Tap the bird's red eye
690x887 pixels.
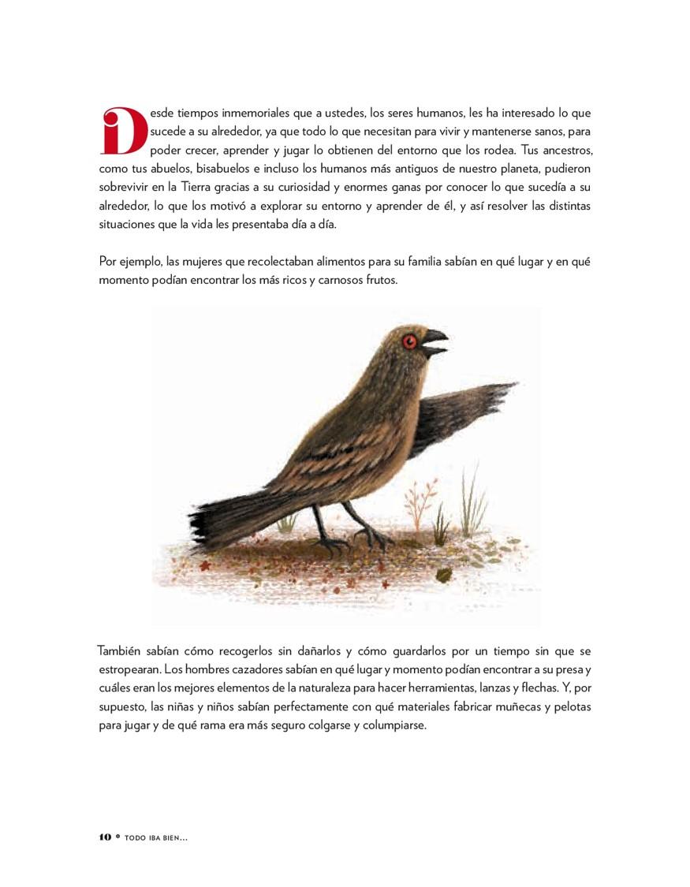[x=408, y=341]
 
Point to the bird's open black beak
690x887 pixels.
[x=435, y=343]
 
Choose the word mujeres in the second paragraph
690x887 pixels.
[x=192, y=261]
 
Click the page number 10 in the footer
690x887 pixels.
[x=106, y=837]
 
